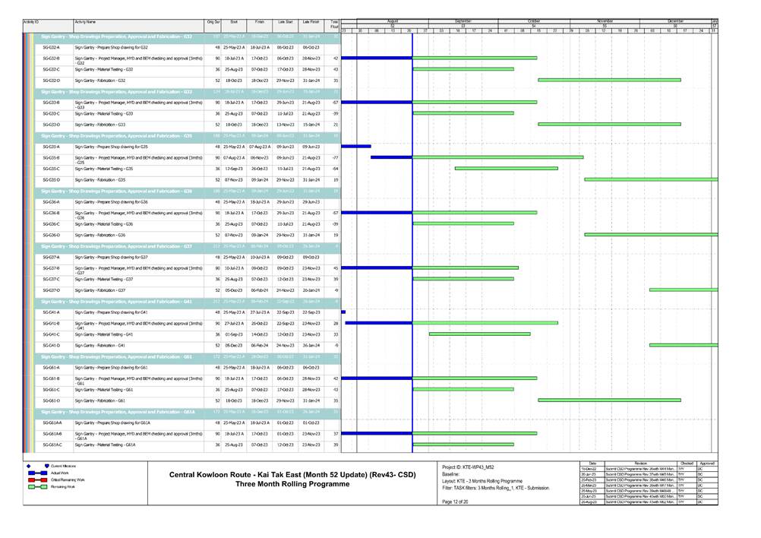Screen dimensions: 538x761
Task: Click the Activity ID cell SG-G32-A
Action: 52,47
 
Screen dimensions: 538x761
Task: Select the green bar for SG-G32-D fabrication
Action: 609,80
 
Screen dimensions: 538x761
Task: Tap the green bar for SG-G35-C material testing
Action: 506,169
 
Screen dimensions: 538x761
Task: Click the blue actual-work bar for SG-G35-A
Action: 356,146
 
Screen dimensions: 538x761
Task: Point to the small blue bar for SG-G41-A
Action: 343,312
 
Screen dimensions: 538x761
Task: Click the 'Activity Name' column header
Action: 86,23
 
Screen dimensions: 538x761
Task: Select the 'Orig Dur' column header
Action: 213,23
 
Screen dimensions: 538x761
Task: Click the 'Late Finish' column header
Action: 311,23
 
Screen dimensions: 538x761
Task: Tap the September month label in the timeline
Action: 463,21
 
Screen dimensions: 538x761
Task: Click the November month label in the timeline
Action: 605,21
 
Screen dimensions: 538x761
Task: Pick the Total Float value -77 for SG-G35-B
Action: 334,158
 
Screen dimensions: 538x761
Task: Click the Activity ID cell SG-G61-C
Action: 52,390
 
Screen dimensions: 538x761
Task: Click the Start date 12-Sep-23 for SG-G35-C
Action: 233,169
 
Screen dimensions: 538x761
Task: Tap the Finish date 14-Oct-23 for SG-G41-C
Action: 260,334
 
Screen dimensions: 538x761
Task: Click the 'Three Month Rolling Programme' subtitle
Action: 282,484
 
